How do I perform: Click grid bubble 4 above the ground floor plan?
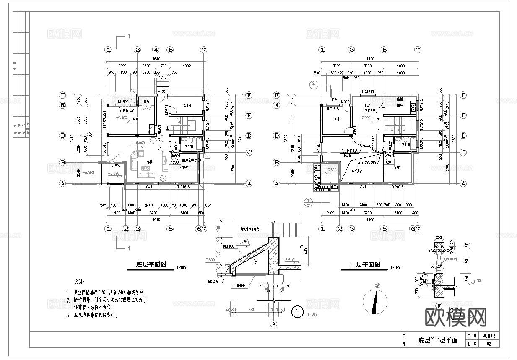coord(156,50)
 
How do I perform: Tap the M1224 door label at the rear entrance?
coord(163,92)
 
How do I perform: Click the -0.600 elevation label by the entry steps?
coord(88,173)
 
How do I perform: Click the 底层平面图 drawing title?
coord(151,265)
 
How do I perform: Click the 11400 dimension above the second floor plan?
coord(369,60)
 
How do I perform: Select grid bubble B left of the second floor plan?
coord(277,162)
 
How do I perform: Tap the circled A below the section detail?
coord(274,324)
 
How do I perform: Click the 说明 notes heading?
coord(79,281)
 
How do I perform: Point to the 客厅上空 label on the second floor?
coord(352,171)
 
